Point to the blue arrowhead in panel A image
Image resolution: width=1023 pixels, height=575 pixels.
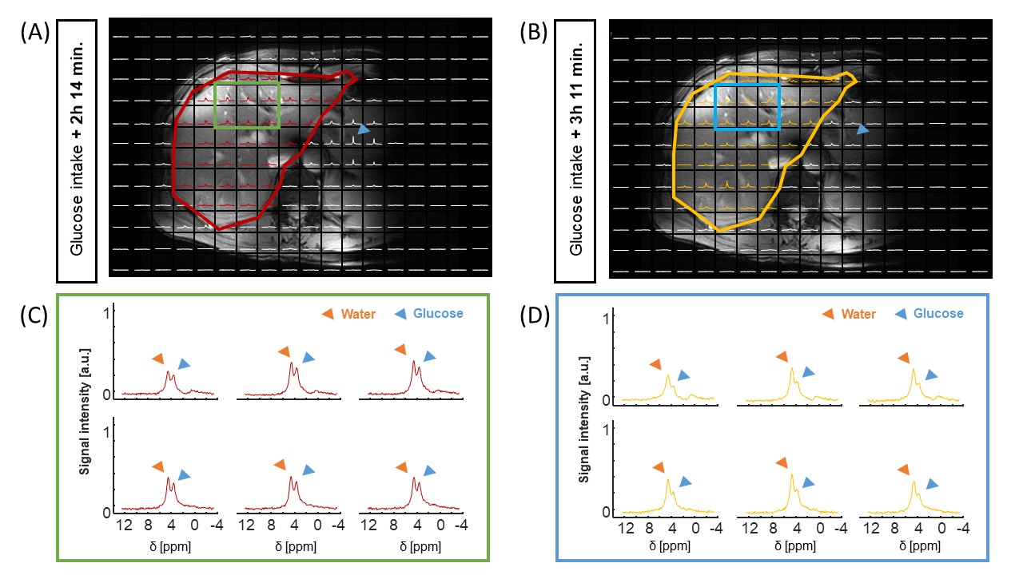pyautogui.click(x=364, y=129)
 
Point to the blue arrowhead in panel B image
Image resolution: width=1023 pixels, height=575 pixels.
pyautogui.click(x=862, y=129)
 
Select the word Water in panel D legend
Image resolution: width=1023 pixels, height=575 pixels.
pyautogui.click(x=858, y=314)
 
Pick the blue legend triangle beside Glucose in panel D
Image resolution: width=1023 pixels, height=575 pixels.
pyautogui.click(x=901, y=314)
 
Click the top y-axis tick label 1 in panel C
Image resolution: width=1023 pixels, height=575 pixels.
pyautogui.click(x=105, y=314)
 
